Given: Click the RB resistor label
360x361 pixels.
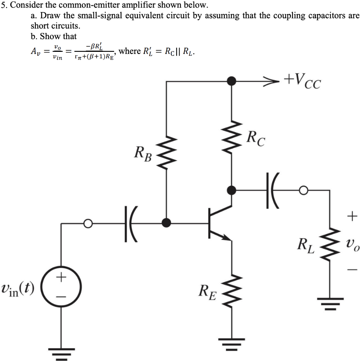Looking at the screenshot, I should (x=143, y=154).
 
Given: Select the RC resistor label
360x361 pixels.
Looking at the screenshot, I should (x=256, y=138).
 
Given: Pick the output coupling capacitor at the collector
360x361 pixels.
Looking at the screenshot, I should (x=272, y=190).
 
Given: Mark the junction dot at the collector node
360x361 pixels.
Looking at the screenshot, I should (x=231, y=190).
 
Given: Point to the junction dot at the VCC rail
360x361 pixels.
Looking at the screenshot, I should (x=231, y=81).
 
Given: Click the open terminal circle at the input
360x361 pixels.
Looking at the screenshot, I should (x=88, y=223).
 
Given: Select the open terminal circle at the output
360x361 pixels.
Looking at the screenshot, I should (x=303, y=190).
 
